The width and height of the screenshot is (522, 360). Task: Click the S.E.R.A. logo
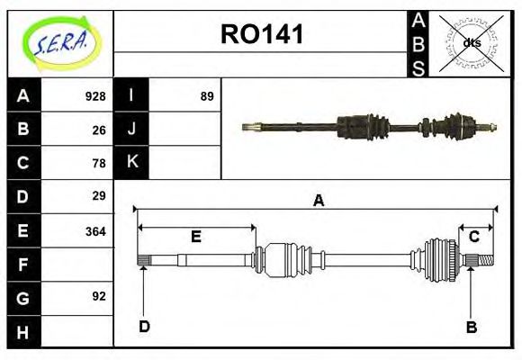pos(60,42)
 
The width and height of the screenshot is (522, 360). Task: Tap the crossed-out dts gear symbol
pos(470,42)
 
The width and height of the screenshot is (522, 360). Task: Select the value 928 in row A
pos(95,96)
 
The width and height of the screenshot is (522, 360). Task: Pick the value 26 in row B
pos(99,130)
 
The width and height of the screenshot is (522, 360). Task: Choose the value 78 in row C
pos(99,163)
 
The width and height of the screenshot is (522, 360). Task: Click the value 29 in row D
pos(99,195)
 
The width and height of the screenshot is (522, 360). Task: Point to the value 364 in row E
pos(95,230)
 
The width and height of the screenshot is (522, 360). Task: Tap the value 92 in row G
pos(99,295)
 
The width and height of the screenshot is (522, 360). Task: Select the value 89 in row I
pos(207,96)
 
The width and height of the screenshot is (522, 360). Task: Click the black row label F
pos(23,265)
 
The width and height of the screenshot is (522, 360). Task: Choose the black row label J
pos(131,129)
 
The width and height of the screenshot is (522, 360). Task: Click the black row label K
pos(131,162)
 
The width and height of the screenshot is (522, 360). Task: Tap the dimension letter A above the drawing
pos(318,202)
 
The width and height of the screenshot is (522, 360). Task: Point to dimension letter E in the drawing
pos(195,238)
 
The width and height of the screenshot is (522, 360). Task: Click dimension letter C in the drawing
pos(474,237)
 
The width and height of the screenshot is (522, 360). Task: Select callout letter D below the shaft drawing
pos(144,327)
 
